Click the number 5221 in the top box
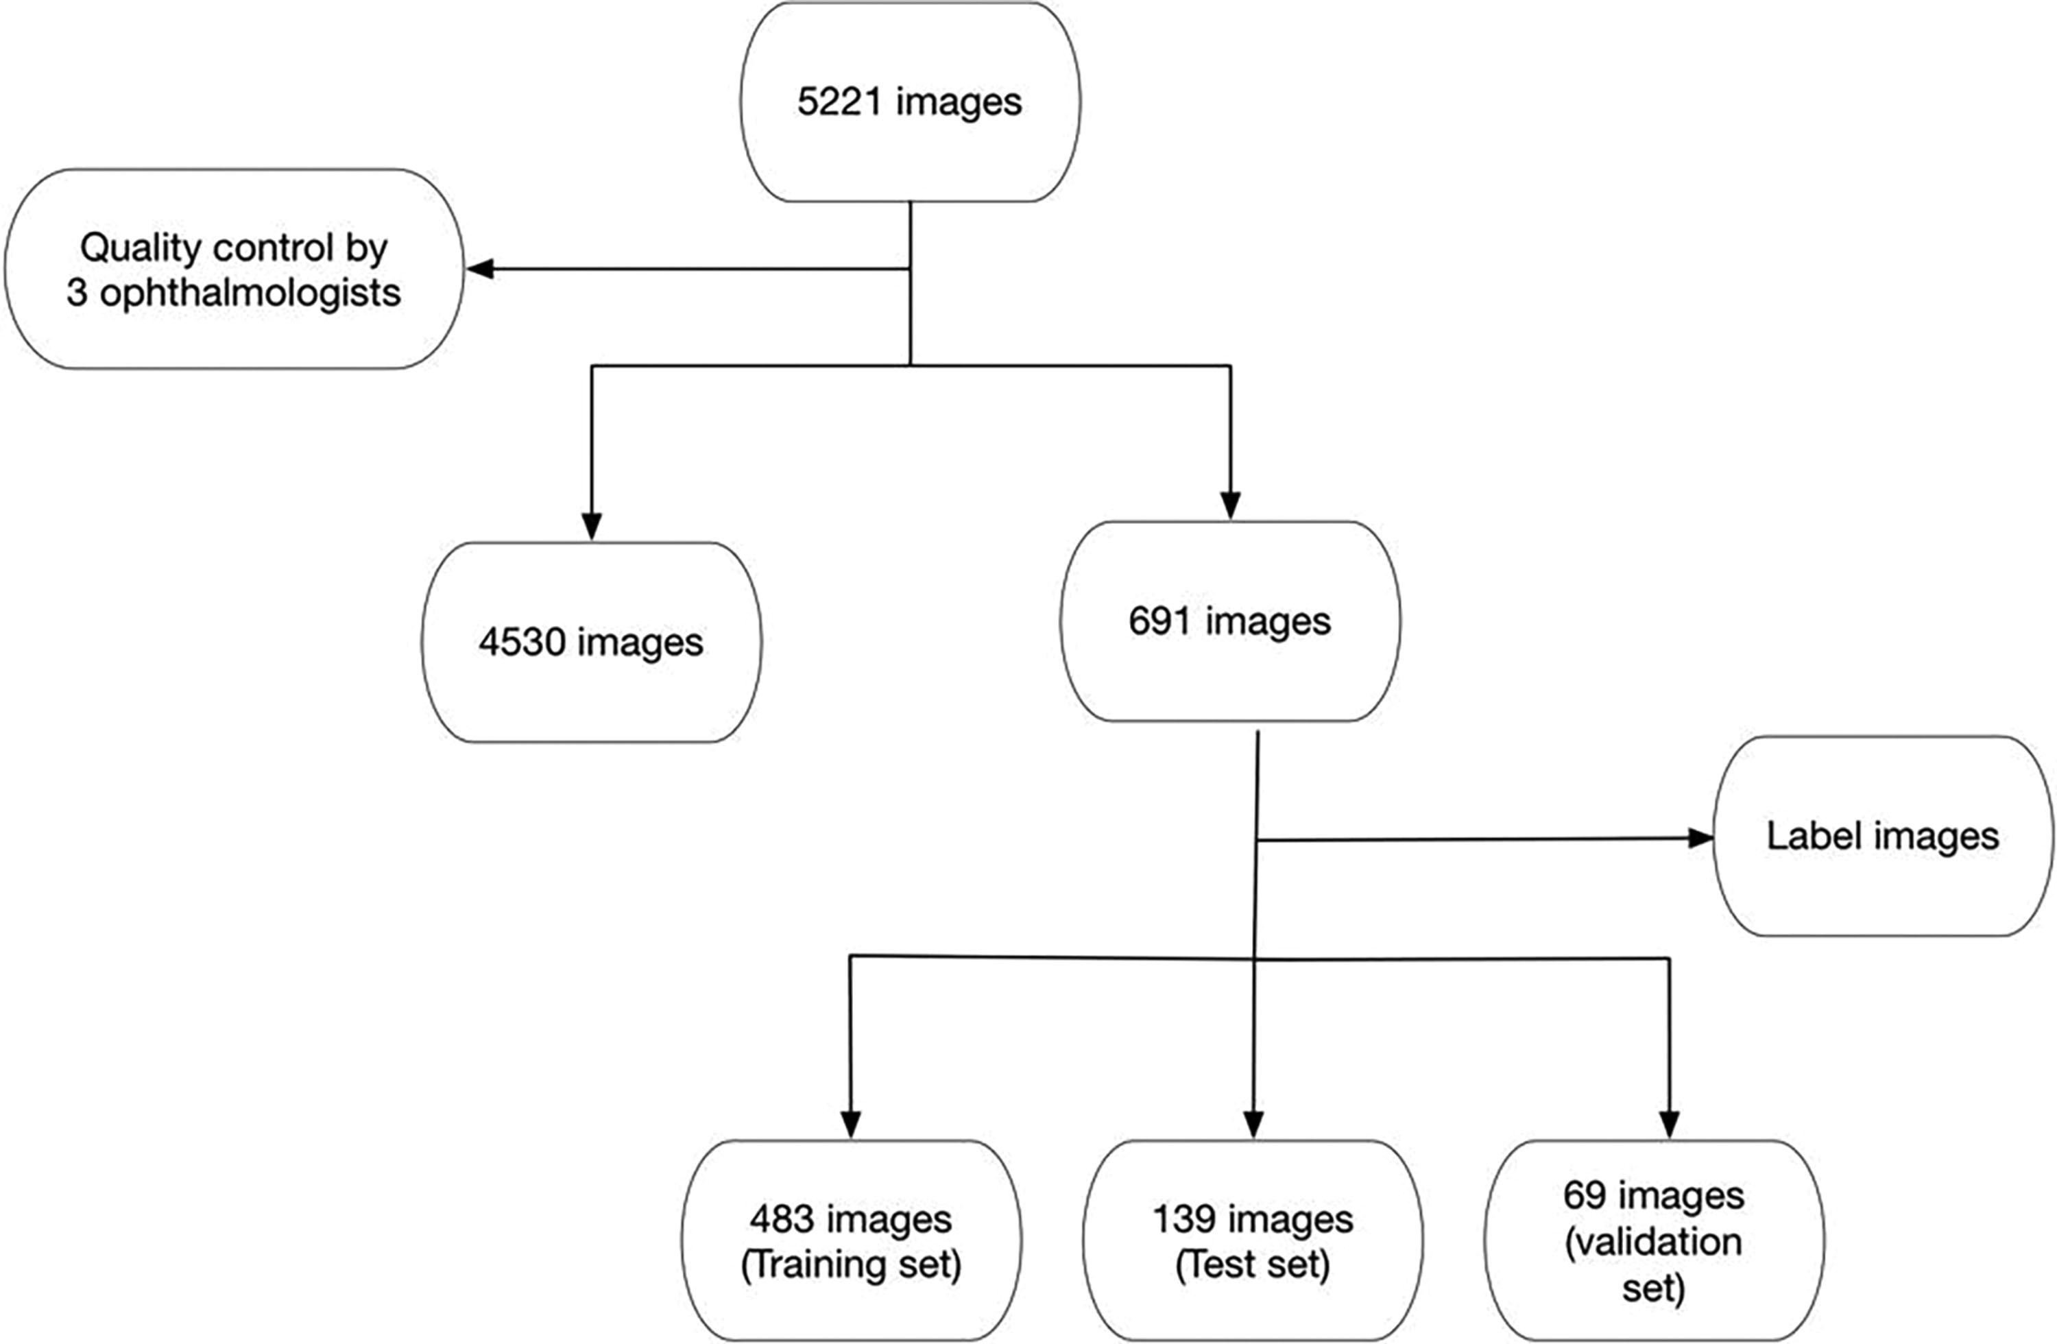pyautogui.click(x=839, y=102)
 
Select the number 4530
pyautogui.click(x=521, y=643)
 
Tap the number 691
pyautogui.click(x=1160, y=621)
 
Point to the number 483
pyautogui.click(x=780, y=1219)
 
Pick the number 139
pyautogui.click(x=1183, y=1219)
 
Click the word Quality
pyautogui.click(x=140, y=249)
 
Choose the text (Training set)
pyautogui.click(x=852, y=1265)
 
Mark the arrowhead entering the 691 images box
pyautogui.click(x=1230, y=505)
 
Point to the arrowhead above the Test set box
pyautogui.click(x=1253, y=1124)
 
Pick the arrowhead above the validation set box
pyautogui.click(x=1669, y=1124)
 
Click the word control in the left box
pyautogui.click(x=272, y=249)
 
